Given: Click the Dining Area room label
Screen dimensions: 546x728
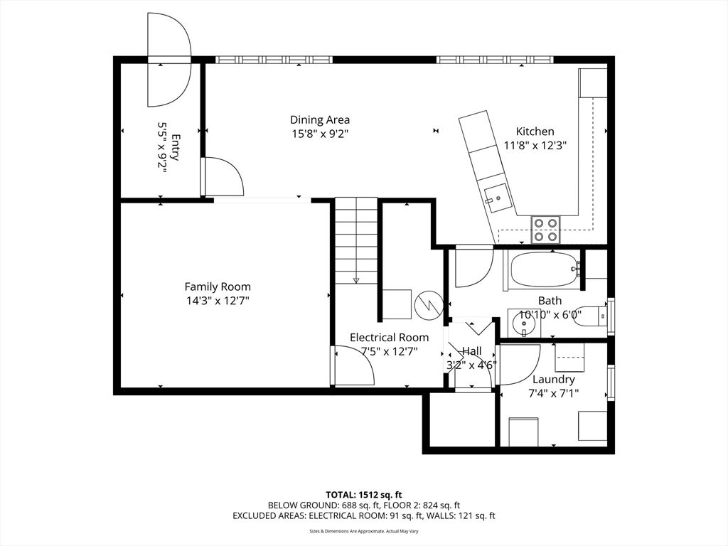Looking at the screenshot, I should pos(319,120).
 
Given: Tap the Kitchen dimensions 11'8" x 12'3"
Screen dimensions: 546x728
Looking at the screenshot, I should pos(535,145).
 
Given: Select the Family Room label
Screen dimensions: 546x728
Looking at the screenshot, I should pos(218,287).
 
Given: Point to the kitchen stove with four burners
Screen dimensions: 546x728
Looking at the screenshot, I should pos(545,229).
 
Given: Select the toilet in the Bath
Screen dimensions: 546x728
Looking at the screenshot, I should pos(591,314).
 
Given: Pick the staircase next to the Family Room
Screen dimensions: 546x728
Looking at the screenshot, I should pos(355,242).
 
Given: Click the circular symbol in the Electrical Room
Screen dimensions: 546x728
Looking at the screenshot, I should pos(429,304).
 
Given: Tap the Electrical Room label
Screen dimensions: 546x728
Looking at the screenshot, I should pos(389,337).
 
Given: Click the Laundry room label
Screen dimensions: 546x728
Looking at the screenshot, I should pos(554,379).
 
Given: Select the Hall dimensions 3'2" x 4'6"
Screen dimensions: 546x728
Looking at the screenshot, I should pos(471,365).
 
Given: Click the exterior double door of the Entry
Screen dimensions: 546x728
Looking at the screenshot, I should pos(169,62).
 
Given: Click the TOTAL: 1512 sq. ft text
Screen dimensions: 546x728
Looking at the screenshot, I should pos(363,494).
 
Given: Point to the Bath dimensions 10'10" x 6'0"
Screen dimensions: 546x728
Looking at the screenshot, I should pos(549,314).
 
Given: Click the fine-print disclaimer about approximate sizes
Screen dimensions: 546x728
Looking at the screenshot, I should pos(363,531).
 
